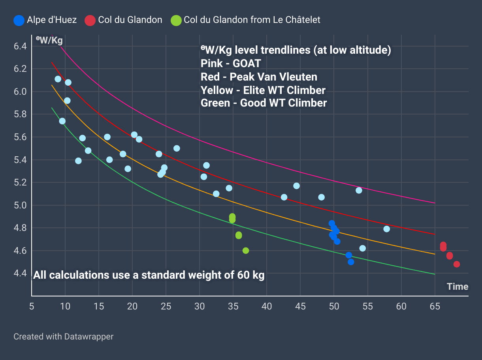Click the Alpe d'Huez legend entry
click(x=51, y=20)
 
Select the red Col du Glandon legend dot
click(x=90, y=20)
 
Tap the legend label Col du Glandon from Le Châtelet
click(x=252, y=20)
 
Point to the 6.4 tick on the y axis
click(x=20, y=46)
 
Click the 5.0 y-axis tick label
click(x=20, y=205)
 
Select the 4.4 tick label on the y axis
click(x=20, y=273)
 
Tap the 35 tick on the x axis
click(x=233, y=306)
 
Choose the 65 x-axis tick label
click(x=435, y=306)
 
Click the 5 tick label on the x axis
click(x=32, y=306)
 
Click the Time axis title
click(x=458, y=287)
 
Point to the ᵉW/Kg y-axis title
click(x=49, y=40)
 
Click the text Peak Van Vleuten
click(x=273, y=77)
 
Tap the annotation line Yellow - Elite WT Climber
click(x=263, y=90)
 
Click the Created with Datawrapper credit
click(x=63, y=337)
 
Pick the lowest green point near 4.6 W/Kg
click(x=246, y=251)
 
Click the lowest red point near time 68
click(x=457, y=264)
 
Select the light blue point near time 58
click(x=386, y=229)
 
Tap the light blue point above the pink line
click(x=359, y=190)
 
